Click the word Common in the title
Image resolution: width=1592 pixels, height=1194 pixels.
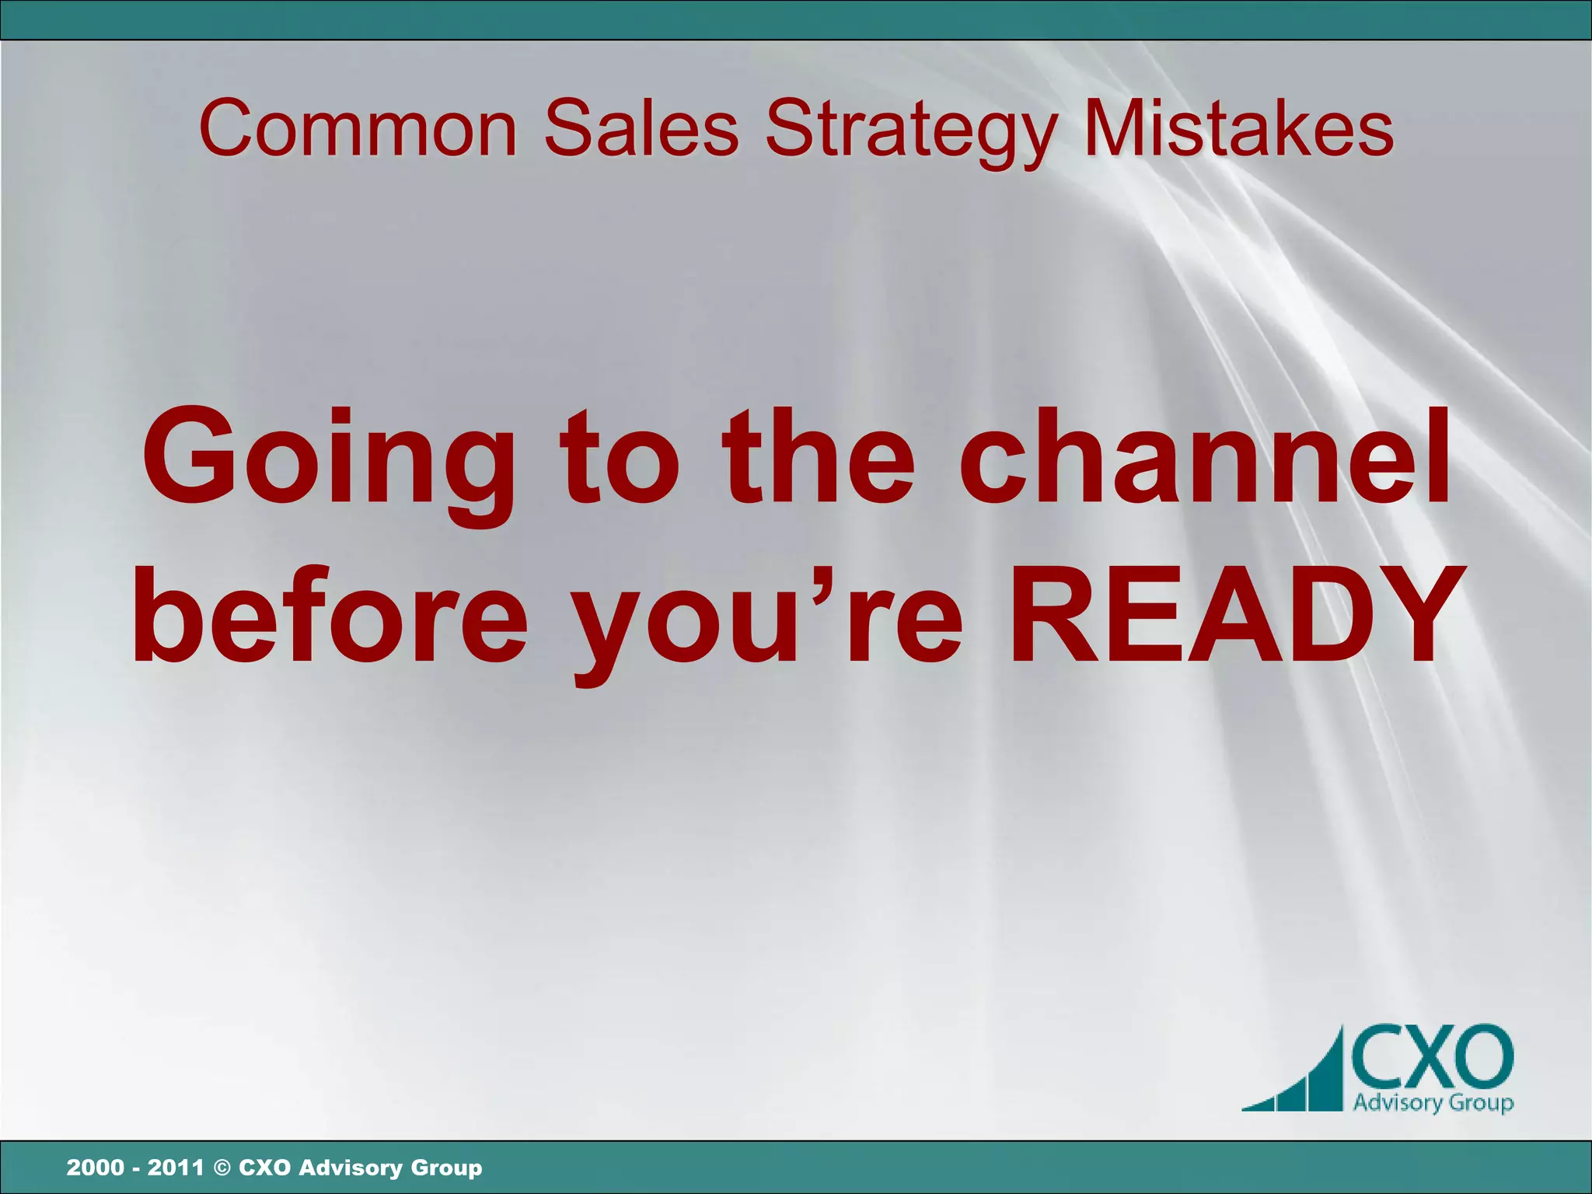click(358, 128)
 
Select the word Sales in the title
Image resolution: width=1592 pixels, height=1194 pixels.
click(641, 128)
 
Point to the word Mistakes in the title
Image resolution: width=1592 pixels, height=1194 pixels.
click(1238, 128)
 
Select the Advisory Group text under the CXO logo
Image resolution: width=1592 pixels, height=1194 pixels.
click(1432, 1103)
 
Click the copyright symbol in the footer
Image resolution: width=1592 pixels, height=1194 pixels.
click(222, 1168)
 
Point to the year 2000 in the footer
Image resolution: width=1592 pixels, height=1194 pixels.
click(95, 1168)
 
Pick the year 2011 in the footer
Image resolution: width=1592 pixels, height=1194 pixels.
click(176, 1168)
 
